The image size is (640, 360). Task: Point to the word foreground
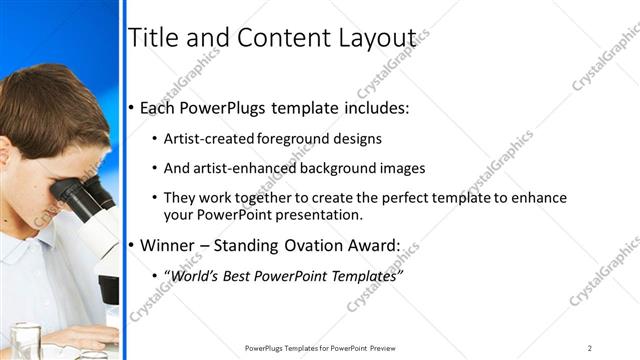pyautogui.click(x=295, y=139)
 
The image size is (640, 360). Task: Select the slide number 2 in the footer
pyautogui.click(x=590, y=348)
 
